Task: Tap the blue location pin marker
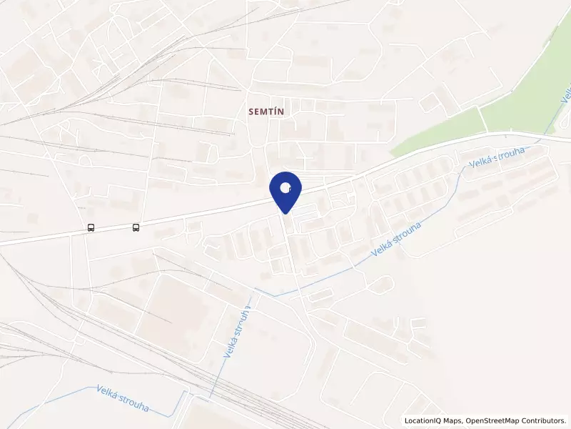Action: pyautogui.click(x=285, y=190)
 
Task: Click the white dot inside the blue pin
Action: pyautogui.click(x=285, y=188)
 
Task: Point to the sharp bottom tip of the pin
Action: pyautogui.click(x=285, y=212)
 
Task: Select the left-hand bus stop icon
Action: pyautogui.click(x=91, y=228)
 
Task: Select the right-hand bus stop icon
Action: pyautogui.click(x=136, y=228)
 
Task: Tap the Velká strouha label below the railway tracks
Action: pyautogui.click(x=122, y=398)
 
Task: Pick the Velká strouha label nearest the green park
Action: pyautogui.click(x=497, y=157)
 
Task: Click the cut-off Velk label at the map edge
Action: pyautogui.click(x=565, y=96)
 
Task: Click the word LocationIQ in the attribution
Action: pyautogui.click(x=424, y=420)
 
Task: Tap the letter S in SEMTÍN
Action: pyautogui.click(x=251, y=112)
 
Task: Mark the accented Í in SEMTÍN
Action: pyautogui.click(x=275, y=112)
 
